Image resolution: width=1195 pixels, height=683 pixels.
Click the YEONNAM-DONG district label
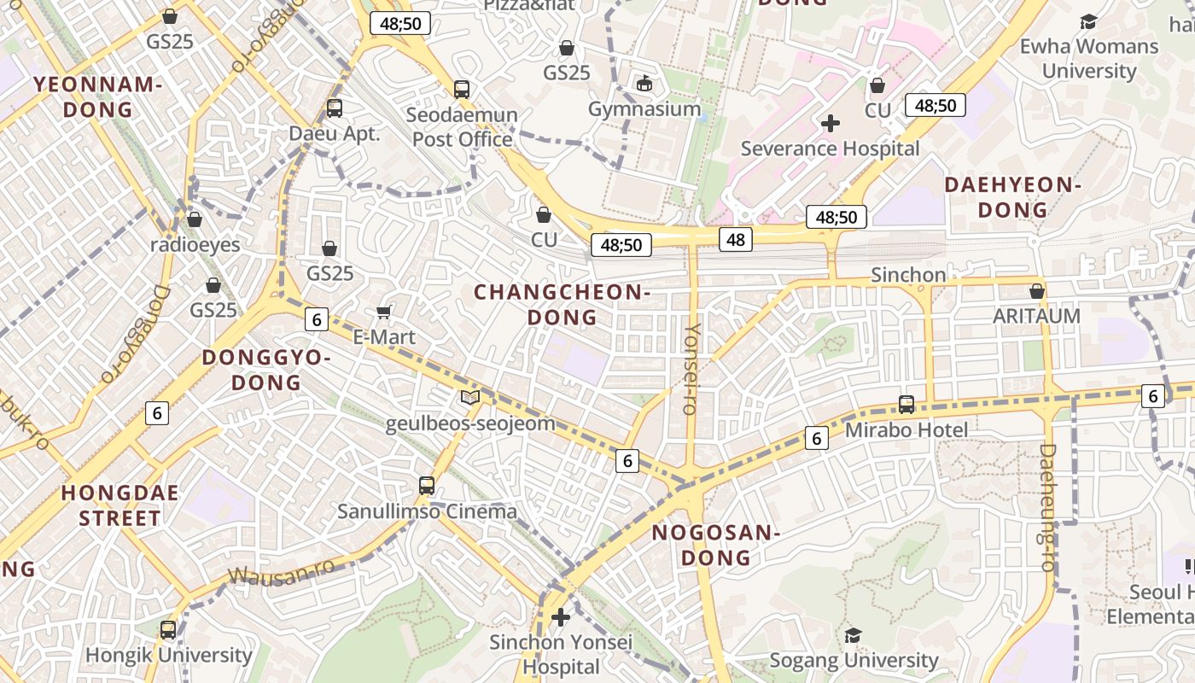(98, 96)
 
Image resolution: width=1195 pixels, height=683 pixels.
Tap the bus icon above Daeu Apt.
(334, 108)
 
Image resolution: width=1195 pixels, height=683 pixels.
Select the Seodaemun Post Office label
(462, 126)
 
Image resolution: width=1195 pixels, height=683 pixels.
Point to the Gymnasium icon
(644, 83)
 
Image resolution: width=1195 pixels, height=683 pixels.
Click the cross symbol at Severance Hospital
(830, 123)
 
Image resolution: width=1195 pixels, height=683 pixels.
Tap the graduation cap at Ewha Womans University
(1088, 21)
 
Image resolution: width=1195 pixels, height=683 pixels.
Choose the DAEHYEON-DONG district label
(1012, 197)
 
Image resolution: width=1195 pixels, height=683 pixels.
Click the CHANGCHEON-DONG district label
(563, 305)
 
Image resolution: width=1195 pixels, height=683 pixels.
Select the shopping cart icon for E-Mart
(384, 312)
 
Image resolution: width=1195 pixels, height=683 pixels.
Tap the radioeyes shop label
(195, 245)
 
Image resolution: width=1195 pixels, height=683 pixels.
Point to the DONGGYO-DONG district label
(266, 370)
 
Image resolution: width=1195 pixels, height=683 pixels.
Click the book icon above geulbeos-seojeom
(469, 397)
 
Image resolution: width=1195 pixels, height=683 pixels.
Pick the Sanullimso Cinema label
(427, 511)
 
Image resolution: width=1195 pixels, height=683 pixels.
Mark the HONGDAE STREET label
(119, 505)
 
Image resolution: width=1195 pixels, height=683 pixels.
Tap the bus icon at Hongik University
(168, 630)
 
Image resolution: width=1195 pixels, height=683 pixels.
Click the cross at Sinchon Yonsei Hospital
(561, 616)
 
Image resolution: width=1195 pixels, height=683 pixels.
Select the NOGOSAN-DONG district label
(715, 546)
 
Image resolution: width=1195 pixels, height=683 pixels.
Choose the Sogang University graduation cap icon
(853, 635)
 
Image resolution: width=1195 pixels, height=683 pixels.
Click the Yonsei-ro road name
(691, 369)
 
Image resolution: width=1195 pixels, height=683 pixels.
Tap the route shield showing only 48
(736, 240)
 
